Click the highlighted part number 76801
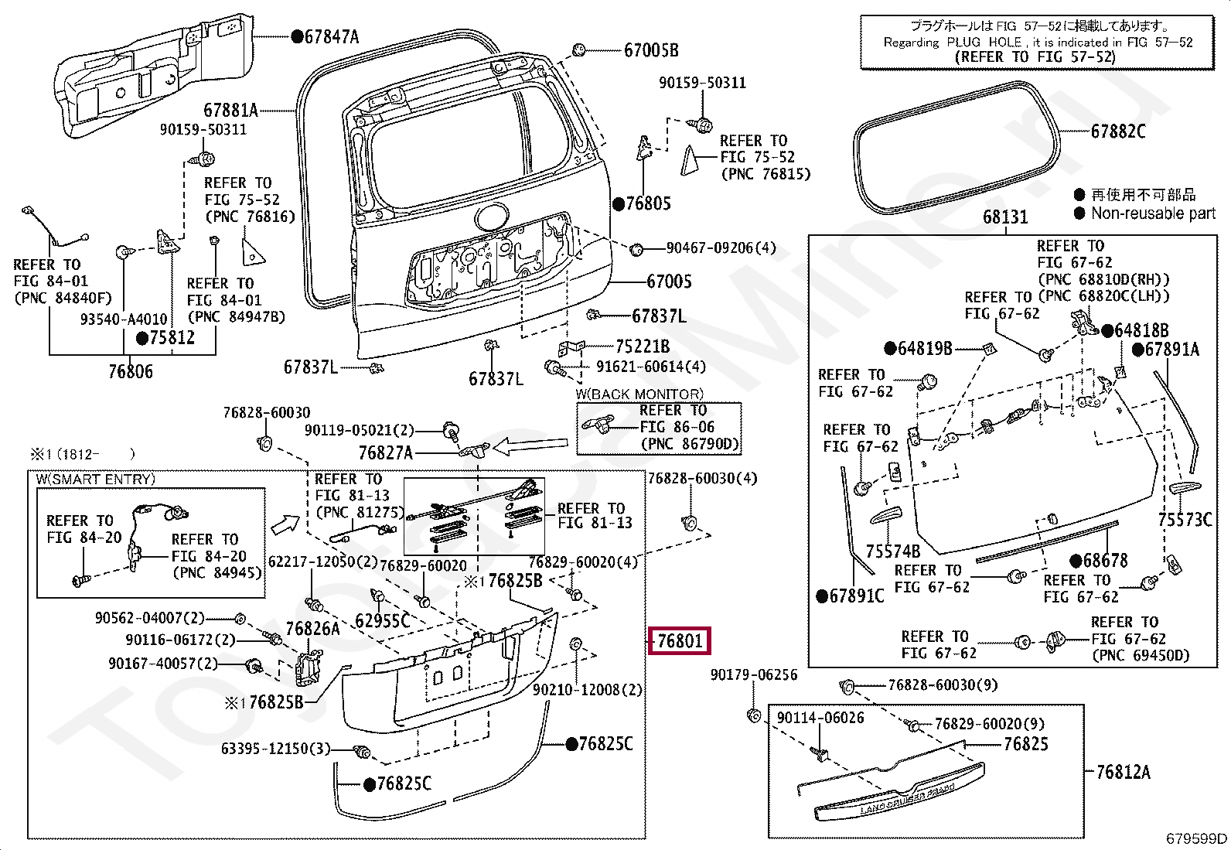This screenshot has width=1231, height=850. click(x=680, y=640)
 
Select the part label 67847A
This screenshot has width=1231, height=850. click(x=331, y=36)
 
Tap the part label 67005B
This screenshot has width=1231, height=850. click(x=651, y=50)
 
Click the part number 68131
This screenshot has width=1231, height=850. click(x=1004, y=217)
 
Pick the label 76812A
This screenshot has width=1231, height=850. click(x=1123, y=772)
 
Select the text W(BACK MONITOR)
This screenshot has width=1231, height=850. click(x=639, y=394)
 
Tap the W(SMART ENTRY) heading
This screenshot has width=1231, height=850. click(x=96, y=480)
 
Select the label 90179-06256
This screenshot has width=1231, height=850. click(x=753, y=675)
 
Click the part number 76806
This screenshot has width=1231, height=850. click(x=130, y=372)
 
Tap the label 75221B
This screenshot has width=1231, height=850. click(x=642, y=346)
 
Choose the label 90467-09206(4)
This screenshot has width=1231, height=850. click(x=721, y=248)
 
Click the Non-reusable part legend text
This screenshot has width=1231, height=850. click(x=1153, y=213)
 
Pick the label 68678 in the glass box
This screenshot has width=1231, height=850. click(x=1104, y=561)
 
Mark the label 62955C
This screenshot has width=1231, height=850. click(x=382, y=620)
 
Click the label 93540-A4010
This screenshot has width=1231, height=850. click(x=123, y=319)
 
